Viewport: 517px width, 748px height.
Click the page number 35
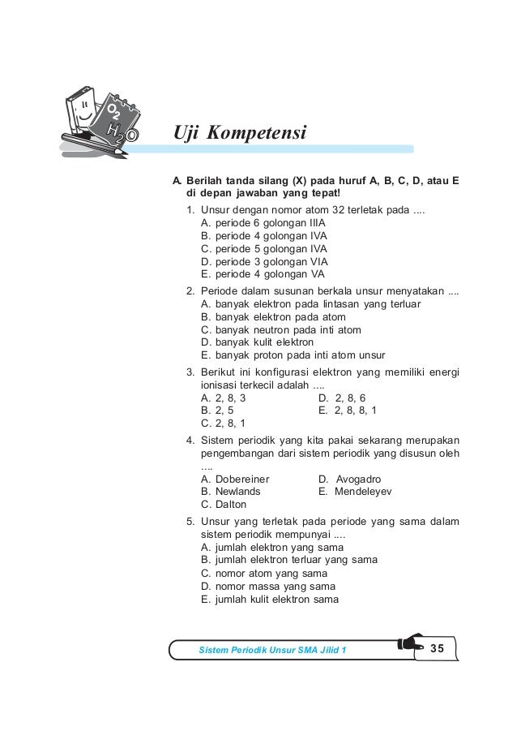click(x=438, y=648)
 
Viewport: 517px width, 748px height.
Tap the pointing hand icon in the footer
click(x=410, y=647)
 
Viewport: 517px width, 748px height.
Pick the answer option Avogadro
click(x=350, y=479)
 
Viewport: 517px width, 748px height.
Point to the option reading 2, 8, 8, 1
click(x=348, y=411)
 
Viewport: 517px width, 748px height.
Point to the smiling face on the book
click(x=83, y=111)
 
